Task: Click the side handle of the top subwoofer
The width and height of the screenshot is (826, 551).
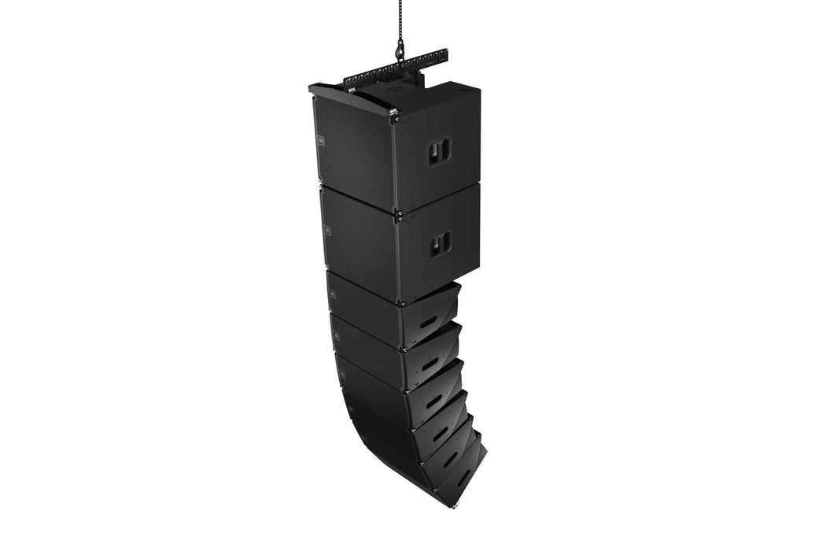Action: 439,152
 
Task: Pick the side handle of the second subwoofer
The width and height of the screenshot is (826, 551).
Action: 440,246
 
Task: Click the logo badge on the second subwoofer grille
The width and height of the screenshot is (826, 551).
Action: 327,230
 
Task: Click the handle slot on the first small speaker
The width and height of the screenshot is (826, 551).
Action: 428,321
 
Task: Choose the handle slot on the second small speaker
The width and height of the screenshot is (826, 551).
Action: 430,363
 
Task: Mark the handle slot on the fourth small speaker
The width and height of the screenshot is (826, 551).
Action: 440,432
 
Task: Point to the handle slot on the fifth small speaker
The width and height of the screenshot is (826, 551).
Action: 450,459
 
